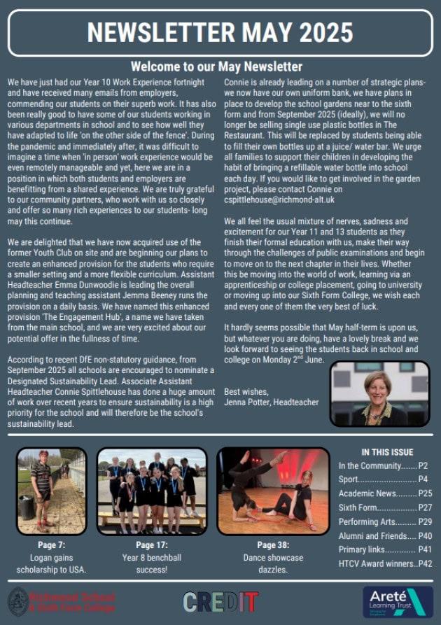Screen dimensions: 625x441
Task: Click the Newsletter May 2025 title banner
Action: pos(220,31)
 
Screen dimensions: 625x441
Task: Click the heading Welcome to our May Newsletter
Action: pos(216,67)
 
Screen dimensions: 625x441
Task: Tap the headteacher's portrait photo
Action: pos(379,393)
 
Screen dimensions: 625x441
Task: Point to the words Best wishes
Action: pos(246,392)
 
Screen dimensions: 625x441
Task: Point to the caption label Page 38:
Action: pos(273,546)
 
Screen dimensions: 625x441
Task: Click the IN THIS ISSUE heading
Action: pos(387,452)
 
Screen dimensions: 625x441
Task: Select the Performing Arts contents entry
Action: pos(363,522)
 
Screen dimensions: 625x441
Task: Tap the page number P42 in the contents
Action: pos(425,563)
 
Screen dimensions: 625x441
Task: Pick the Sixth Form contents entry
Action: pos(358,507)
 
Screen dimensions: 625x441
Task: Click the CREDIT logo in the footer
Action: pos(220,601)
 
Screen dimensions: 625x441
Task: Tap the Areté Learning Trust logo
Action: pos(397,601)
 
